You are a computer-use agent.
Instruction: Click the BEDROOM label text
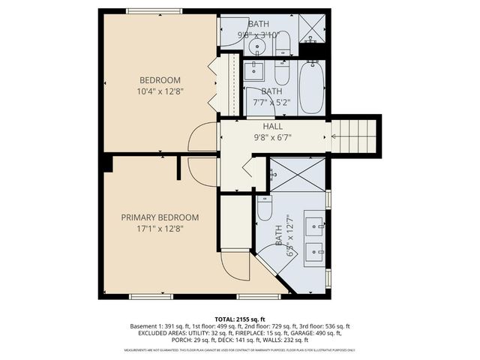pyautogui.click(x=160, y=80)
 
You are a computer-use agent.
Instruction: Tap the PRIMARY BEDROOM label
pyautogui.click(x=160, y=217)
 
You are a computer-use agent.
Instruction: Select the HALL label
pyautogui.click(x=272, y=127)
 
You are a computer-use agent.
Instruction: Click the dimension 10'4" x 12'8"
pyautogui.click(x=160, y=91)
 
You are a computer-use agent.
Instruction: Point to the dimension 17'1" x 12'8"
pyautogui.click(x=160, y=229)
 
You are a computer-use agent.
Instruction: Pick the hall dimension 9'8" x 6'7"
pyautogui.click(x=272, y=138)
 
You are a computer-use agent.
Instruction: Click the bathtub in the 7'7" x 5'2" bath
pyautogui.click(x=310, y=88)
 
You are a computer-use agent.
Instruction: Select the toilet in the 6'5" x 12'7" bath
pyautogui.click(x=264, y=208)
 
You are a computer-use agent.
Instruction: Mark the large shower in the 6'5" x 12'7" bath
pyautogui.click(x=297, y=174)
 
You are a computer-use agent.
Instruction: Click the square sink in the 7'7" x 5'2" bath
pyautogui.click(x=253, y=72)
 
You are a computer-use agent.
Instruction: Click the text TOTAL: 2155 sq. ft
pyautogui.click(x=239, y=318)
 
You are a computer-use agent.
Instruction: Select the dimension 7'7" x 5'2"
pyautogui.click(x=271, y=102)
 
